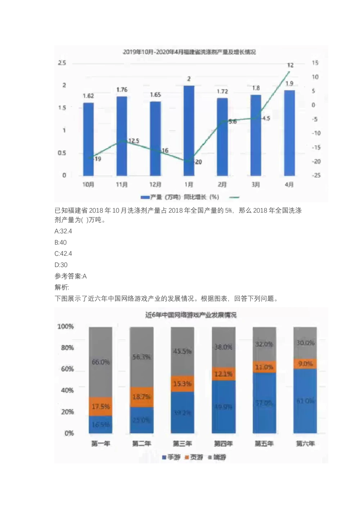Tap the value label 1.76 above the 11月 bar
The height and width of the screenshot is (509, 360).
pos(122,90)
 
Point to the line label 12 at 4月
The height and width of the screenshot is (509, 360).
pos(290,65)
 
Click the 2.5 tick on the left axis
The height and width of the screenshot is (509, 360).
pos(62,63)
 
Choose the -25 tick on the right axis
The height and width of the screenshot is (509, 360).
pos(315,175)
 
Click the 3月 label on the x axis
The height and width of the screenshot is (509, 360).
pos(256,184)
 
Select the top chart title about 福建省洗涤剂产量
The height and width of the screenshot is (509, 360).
pos(189,52)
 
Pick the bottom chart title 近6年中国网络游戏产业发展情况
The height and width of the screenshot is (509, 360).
pos(191,315)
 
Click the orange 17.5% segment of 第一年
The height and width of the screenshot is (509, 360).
pos(100,406)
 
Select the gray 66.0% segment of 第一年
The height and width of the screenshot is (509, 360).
pos(100,362)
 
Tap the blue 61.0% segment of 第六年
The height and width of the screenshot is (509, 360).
pos(305,401)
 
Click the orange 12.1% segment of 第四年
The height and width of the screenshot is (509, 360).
pos(224,374)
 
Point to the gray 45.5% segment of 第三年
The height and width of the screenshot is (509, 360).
pos(182,351)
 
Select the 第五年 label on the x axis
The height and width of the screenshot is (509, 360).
pos(264,443)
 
